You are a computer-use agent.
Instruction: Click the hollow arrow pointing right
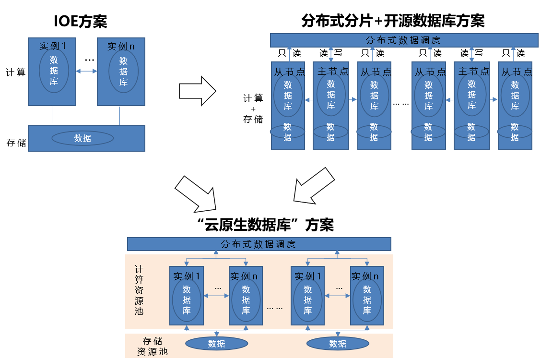tap(197, 90)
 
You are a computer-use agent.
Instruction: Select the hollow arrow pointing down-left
tap(314, 186)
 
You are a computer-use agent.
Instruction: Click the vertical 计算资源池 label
tap(139, 290)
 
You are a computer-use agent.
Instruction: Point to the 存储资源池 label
tap(153, 346)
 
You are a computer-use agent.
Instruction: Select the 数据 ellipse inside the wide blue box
tap(82, 139)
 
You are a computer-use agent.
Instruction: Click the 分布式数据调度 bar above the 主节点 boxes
tap(404, 40)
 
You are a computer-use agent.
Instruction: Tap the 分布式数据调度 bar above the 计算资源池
tap(259, 244)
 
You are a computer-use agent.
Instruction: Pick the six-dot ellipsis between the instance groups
tap(275, 308)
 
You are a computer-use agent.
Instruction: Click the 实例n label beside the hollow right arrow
tap(120, 47)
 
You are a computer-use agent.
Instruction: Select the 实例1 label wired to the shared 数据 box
tap(52, 46)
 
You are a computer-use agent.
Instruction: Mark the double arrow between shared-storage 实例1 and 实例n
tap(86, 72)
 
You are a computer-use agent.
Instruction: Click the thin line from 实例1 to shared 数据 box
tap(52, 115)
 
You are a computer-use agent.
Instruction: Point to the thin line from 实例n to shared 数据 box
tap(119, 115)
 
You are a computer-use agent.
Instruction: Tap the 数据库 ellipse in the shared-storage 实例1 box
tap(54, 71)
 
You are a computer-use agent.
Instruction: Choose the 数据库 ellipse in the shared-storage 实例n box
tap(123, 72)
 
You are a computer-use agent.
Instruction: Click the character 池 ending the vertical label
tap(139, 311)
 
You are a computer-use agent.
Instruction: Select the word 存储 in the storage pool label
tap(153, 341)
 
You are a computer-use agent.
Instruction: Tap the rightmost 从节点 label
tap(517, 72)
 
